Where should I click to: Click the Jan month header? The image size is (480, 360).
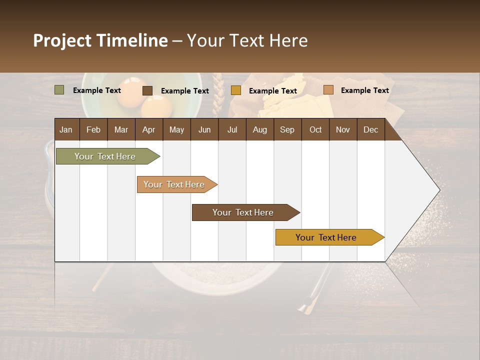coord(66,129)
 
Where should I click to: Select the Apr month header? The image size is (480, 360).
coord(148,129)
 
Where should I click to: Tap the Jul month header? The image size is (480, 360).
coord(232,129)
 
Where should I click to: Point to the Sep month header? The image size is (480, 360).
coord(287,129)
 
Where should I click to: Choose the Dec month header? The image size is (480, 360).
coord(370,129)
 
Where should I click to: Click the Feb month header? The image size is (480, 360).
coord(93,129)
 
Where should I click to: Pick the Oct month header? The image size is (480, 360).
coord(315,129)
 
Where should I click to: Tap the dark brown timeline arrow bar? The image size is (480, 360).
coord(243,212)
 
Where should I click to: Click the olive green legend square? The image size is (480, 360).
coord(59,90)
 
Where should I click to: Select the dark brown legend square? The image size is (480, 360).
coord(147,90)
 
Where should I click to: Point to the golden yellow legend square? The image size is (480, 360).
coord(236,90)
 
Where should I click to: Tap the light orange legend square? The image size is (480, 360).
coord(328,90)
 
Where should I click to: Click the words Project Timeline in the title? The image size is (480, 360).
coord(100,40)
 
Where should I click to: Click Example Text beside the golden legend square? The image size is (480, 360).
coord(272,91)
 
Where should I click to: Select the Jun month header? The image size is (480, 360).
coord(204,129)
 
